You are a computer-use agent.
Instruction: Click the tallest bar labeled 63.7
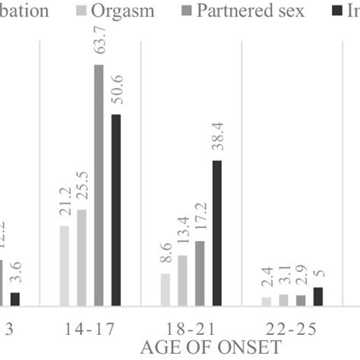tap(98, 185)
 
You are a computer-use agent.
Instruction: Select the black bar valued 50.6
tap(115, 210)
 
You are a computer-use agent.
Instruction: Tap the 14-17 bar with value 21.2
tap(64, 266)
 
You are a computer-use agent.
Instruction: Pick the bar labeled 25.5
tap(81, 257)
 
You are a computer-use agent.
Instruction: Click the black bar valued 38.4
tap(216, 233)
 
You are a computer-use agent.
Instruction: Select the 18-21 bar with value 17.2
tap(200, 273)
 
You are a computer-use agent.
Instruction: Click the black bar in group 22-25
tap(317, 297)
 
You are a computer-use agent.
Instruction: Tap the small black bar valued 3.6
tap(14, 299)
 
